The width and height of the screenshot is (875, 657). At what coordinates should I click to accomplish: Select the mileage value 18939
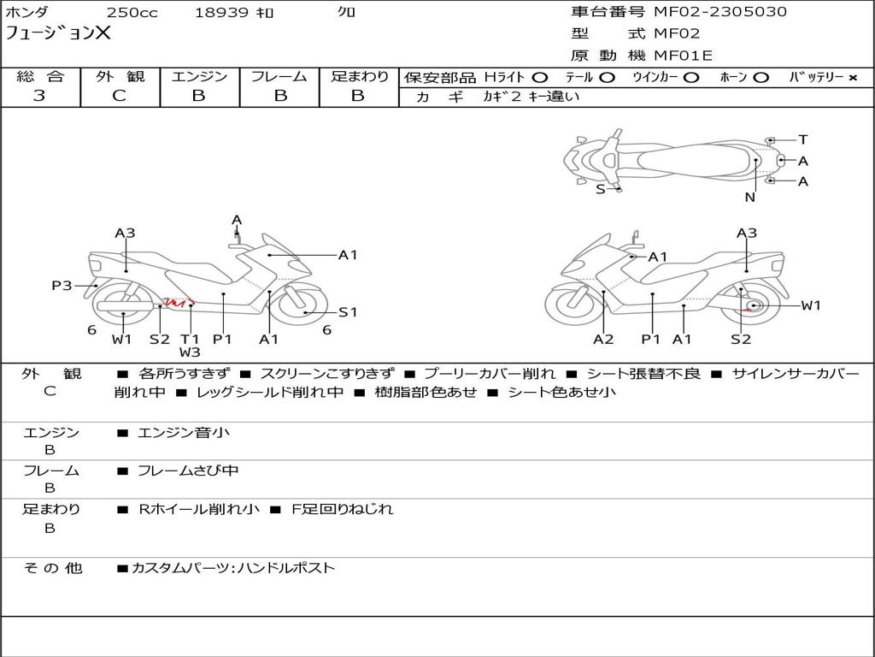(x=221, y=13)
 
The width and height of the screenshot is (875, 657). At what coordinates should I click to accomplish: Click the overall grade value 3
(x=39, y=96)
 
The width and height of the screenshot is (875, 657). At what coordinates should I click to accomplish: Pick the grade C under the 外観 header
(x=119, y=96)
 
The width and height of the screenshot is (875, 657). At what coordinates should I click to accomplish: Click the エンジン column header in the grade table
(x=199, y=77)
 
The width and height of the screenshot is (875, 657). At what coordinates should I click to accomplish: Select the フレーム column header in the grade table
(x=279, y=77)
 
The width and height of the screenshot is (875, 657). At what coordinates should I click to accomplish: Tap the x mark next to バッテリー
(x=852, y=78)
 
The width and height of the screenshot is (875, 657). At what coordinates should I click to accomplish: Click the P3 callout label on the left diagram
(x=62, y=286)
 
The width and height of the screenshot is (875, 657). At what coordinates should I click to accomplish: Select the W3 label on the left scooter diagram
(x=190, y=352)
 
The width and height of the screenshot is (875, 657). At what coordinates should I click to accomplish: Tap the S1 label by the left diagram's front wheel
(x=348, y=312)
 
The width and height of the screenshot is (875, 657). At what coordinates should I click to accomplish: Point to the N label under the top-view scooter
(x=749, y=197)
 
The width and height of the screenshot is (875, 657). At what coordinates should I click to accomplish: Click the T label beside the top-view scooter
(x=802, y=139)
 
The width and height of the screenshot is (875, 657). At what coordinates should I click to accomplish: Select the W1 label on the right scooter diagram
(x=810, y=305)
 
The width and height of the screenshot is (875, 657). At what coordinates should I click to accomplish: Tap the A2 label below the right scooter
(x=603, y=339)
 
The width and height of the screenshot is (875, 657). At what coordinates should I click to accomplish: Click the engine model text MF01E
(x=683, y=56)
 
